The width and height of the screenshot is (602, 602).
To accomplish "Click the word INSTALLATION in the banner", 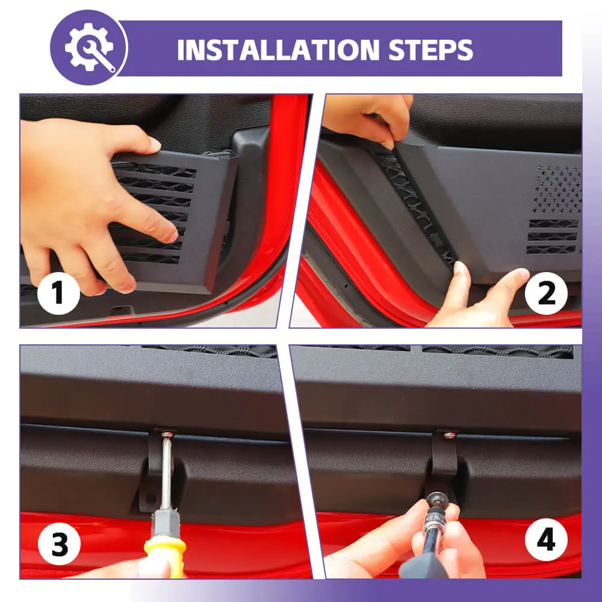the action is (x=278, y=50).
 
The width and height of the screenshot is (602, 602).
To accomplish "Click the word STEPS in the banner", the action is (x=431, y=50).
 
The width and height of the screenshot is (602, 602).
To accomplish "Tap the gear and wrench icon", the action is (x=90, y=47).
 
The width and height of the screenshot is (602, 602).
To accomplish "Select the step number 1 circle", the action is (x=58, y=293).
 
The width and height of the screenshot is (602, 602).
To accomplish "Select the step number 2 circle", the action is (x=546, y=293).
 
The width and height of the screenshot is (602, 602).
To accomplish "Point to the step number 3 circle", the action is (x=59, y=544).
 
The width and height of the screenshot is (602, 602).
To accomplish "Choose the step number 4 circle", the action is (x=546, y=539).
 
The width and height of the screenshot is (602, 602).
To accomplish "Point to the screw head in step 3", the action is (x=167, y=435).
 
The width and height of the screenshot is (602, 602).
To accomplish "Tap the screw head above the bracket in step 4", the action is (x=450, y=435).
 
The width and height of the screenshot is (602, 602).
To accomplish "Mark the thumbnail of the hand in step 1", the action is (x=154, y=144).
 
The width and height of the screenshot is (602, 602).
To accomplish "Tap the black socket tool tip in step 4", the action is (x=435, y=500).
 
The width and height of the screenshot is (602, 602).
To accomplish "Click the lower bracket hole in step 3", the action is (x=150, y=498).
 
